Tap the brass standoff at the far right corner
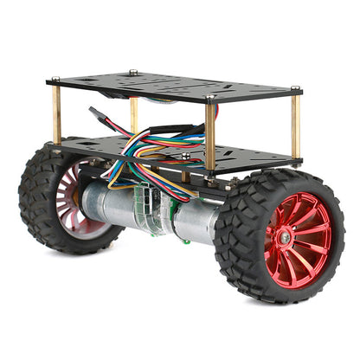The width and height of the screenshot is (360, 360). tap(296, 125)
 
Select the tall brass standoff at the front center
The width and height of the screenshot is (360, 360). tap(210, 134)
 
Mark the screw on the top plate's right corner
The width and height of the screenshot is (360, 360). tap(296, 88)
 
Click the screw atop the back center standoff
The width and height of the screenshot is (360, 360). tap(132, 73)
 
